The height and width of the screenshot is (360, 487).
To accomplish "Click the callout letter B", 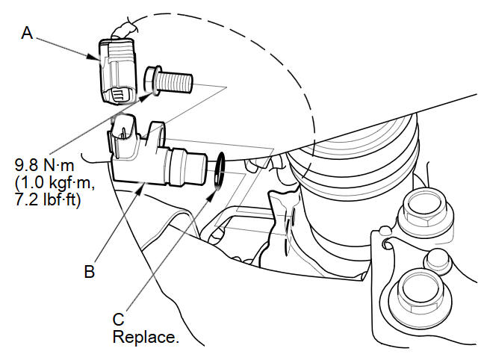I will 89,272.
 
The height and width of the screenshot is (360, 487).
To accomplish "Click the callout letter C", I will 118,320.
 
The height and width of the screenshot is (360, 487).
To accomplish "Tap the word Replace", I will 146,337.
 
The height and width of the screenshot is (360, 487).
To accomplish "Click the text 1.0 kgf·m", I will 52,181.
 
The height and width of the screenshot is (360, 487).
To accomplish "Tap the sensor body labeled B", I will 146,161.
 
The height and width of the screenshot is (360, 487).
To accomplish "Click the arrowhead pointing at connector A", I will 96,57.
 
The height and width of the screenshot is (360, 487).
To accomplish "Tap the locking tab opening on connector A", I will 120,96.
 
